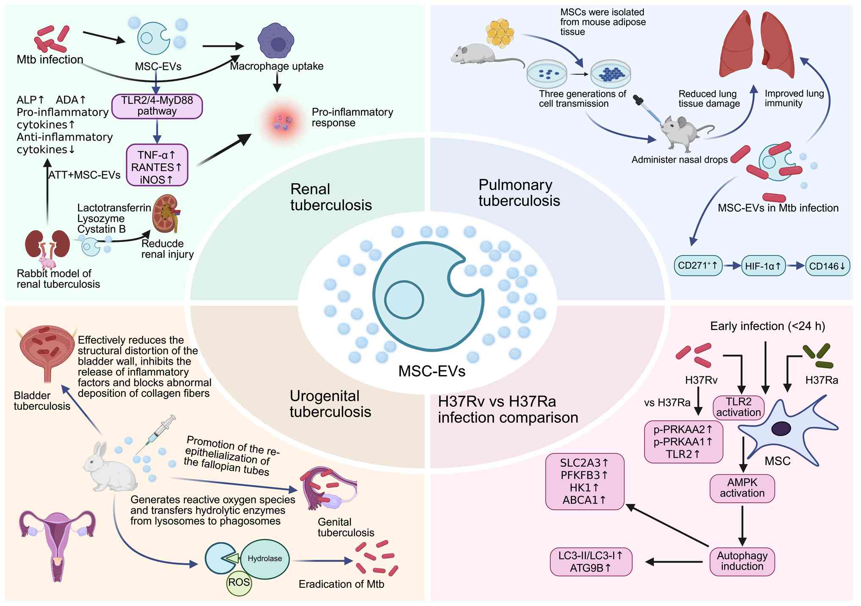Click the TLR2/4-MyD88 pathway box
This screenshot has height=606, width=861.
[157, 106]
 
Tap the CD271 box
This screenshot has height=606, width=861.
[697, 266]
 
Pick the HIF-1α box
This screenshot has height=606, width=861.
[763, 266]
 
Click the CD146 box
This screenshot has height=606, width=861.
[827, 266]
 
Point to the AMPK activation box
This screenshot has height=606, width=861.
[742, 488]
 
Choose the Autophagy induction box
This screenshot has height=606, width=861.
[742, 561]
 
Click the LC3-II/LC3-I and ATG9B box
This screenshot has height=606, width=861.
[591, 562]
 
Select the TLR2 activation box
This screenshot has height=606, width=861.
[739, 407]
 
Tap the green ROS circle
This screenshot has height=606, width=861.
[239, 583]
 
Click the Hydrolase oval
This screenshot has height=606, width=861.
[265, 559]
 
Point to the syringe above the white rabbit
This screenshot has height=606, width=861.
[156, 434]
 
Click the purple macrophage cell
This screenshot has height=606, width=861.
[276, 41]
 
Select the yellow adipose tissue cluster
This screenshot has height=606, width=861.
[500, 32]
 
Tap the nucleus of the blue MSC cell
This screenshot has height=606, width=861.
[780, 428]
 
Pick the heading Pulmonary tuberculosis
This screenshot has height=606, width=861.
[519, 193]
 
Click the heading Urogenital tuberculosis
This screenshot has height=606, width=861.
[330, 404]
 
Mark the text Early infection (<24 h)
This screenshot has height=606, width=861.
[767, 326]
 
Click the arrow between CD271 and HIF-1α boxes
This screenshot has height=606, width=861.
[732, 266]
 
